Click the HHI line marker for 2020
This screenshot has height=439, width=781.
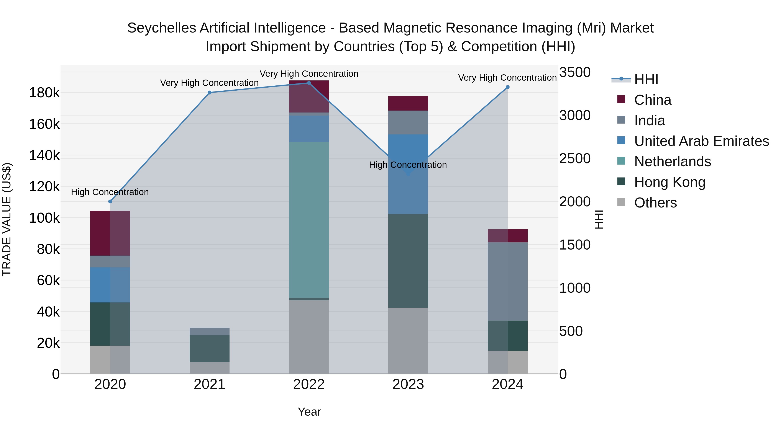(110, 201)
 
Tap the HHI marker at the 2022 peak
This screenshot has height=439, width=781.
(309, 83)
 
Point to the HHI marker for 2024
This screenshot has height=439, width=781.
(507, 87)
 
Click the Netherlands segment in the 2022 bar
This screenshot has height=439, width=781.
(309, 220)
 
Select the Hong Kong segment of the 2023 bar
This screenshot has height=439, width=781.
(408, 261)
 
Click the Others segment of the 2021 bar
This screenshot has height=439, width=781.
(210, 368)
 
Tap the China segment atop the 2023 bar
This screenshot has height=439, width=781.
(408, 103)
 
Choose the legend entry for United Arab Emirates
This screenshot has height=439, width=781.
(701, 141)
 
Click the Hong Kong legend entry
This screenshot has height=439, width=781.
(669, 182)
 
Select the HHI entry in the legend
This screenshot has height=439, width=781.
(646, 79)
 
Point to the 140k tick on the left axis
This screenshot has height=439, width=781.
(44, 156)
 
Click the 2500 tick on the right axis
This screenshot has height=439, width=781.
(574, 159)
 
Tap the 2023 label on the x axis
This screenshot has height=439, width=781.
(408, 384)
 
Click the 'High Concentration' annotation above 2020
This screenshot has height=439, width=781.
(110, 192)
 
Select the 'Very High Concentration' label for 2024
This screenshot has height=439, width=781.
(507, 78)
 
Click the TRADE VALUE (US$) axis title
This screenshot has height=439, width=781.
(7, 219)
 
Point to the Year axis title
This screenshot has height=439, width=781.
(309, 412)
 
